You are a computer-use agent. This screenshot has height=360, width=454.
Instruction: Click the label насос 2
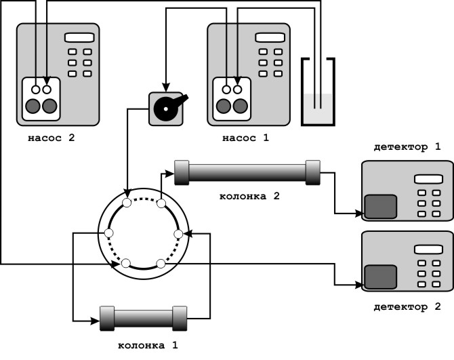click(53, 139)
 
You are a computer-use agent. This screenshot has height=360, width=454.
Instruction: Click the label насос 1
click(245, 139)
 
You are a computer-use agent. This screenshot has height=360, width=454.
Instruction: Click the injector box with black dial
click(165, 107)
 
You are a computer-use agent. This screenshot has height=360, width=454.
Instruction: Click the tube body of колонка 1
click(144, 317)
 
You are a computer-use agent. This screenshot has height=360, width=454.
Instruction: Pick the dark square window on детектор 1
click(381, 207)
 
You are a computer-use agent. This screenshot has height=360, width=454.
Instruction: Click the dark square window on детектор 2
click(381, 277)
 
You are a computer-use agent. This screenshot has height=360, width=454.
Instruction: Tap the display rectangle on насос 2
click(79, 38)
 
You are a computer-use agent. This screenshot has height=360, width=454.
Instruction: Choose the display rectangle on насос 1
click(269, 38)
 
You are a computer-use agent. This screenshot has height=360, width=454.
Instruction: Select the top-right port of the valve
click(162, 203)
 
